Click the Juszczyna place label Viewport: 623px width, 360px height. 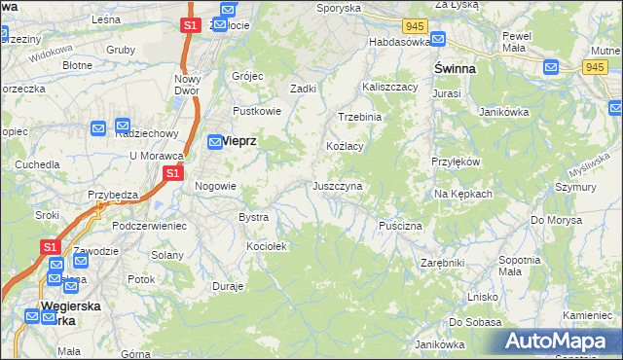(338, 185)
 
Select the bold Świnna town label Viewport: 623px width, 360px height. (456, 70)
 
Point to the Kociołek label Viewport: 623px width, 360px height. (267, 246)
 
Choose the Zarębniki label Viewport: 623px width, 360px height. (443, 262)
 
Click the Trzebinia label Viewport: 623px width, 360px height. (359, 116)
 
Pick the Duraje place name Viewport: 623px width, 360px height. (228, 287)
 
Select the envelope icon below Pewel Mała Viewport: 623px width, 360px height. (552, 67)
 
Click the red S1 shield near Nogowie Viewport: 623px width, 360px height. (172, 173)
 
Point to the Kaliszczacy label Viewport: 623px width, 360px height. (390, 87)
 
